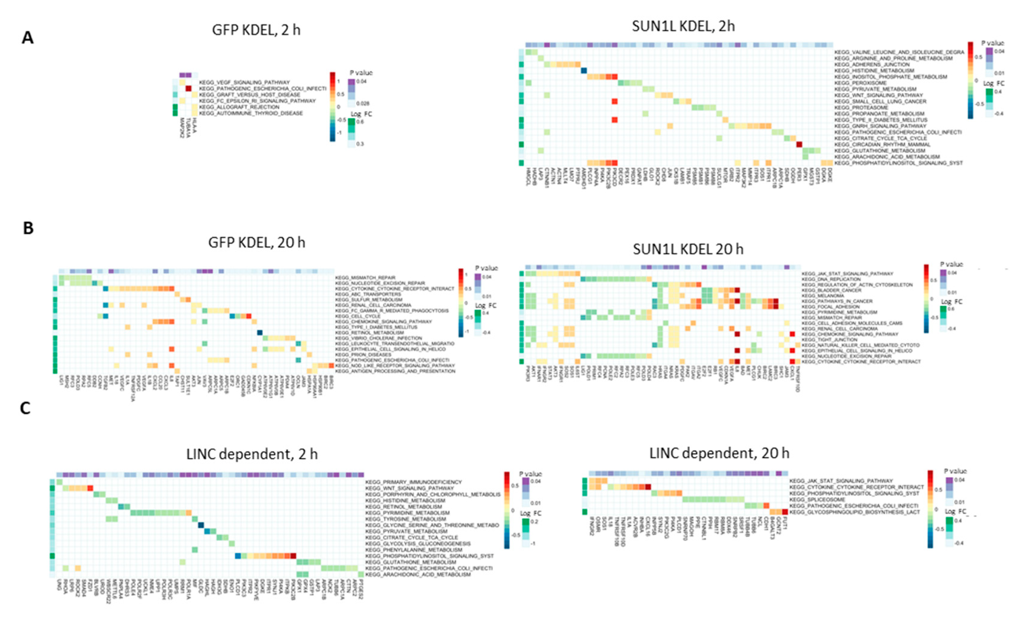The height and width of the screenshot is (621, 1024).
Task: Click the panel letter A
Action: point(27,38)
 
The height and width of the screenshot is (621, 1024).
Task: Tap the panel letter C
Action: point(25,408)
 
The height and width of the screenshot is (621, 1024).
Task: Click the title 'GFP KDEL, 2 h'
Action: point(256,30)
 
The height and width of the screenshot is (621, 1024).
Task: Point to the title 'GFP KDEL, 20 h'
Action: point(256,242)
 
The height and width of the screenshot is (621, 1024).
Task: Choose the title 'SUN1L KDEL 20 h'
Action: point(688,249)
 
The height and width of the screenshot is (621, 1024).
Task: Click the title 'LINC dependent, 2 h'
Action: point(252,454)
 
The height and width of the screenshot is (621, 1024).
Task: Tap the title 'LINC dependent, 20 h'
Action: point(719,453)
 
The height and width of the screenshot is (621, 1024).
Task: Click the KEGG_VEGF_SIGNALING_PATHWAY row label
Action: point(244,82)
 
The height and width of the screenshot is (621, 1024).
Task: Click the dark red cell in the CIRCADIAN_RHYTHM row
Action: point(799,144)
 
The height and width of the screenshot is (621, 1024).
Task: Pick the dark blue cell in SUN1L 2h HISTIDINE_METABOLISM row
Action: point(583,71)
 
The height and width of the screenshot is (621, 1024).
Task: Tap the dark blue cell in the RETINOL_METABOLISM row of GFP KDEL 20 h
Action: point(259,332)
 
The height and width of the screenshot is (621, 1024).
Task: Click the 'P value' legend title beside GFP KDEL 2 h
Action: point(361,73)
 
